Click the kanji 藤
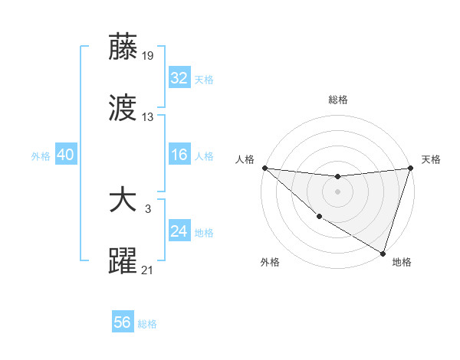123,47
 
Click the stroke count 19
148,55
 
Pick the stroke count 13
148,117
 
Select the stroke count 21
148,270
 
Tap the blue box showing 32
179,78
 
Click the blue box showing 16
179,155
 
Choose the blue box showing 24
179,231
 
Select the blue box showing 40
65,155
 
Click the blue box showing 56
122,322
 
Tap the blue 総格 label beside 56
147,324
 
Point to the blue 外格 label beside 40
41,155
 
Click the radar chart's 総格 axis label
338,100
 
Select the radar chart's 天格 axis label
431,159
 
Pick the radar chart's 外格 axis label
270,262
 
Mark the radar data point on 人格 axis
264,168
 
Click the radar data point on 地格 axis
383,253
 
